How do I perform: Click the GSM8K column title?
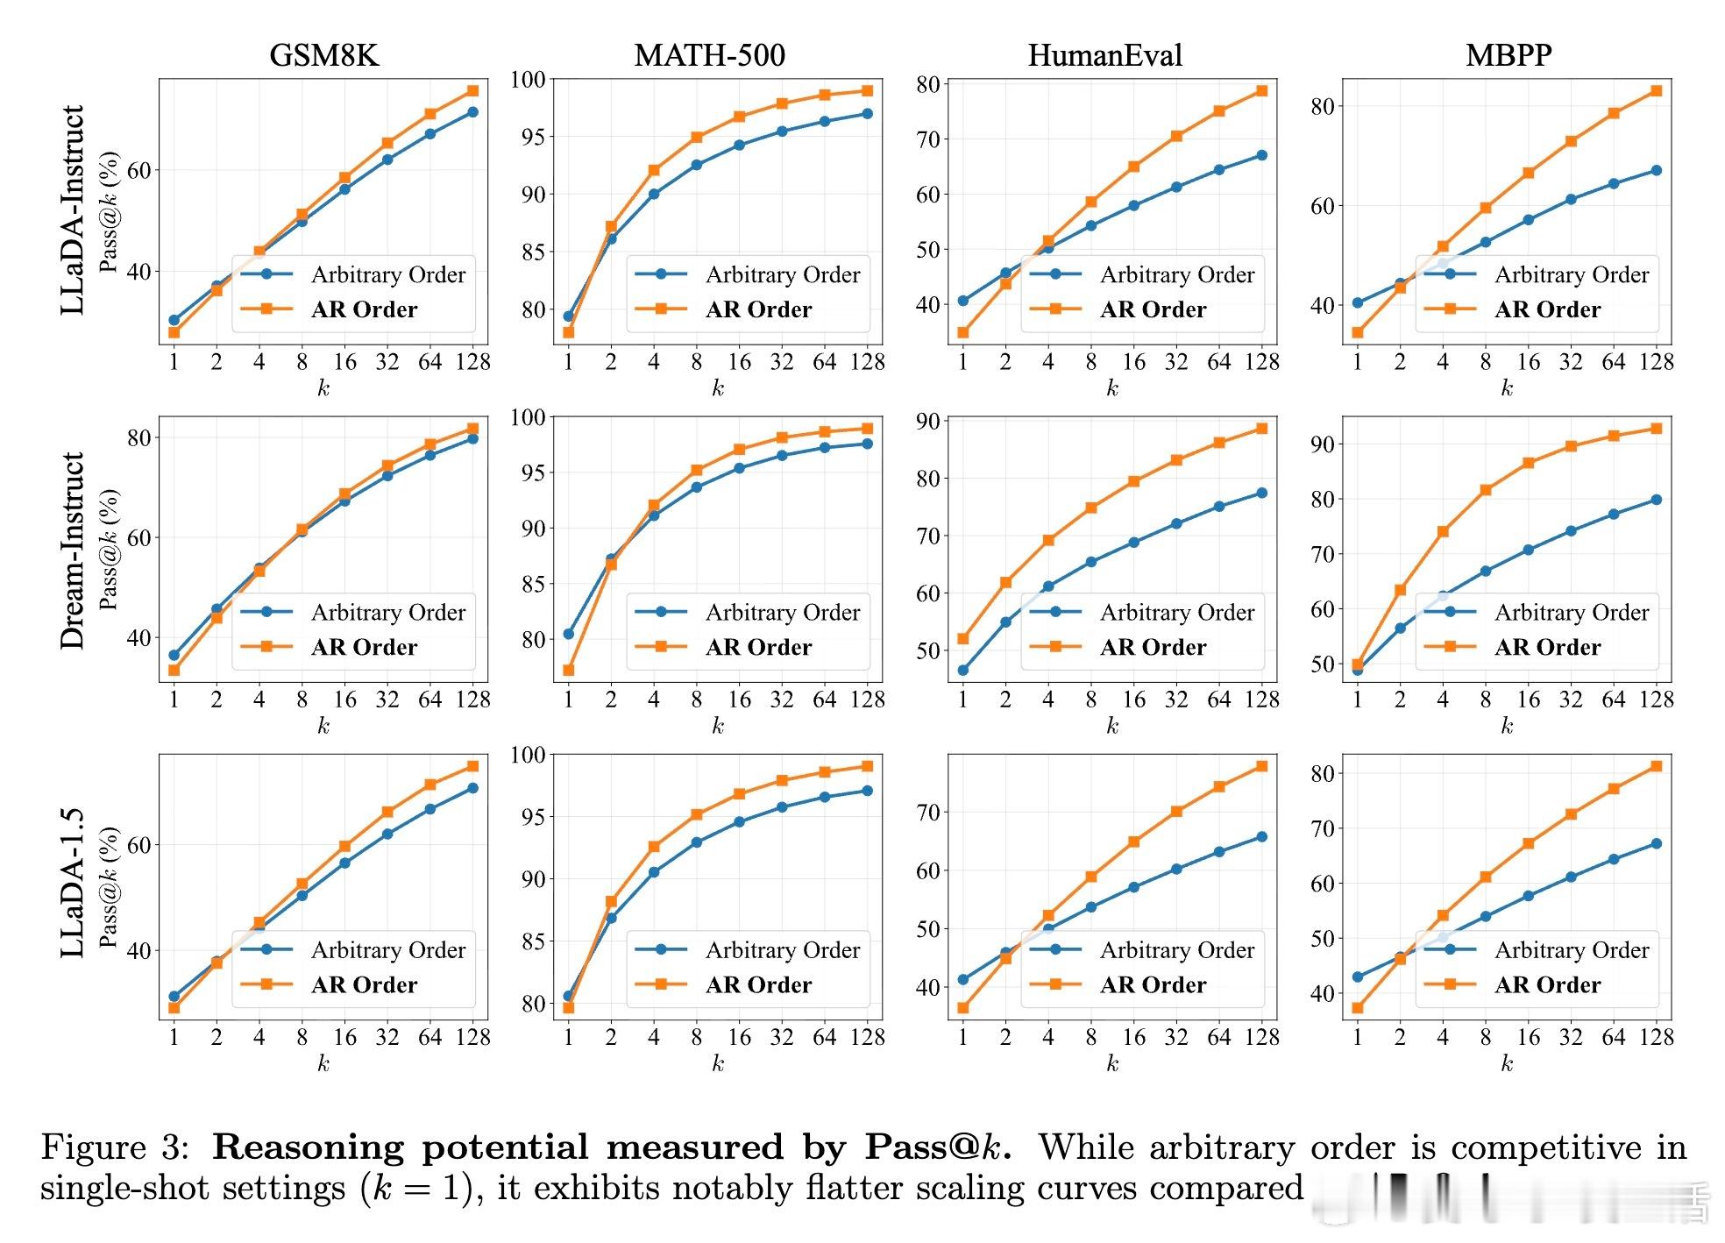(323, 55)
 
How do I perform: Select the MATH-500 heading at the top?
(709, 55)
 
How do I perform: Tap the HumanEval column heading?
(1104, 55)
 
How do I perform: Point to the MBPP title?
(1508, 55)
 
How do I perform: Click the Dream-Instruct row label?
(73, 550)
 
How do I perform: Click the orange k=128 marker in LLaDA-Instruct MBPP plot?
(1656, 91)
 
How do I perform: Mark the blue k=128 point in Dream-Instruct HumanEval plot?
(1261, 494)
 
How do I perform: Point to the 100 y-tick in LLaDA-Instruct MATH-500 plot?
(529, 80)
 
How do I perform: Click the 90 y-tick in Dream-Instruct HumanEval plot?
(927, 422)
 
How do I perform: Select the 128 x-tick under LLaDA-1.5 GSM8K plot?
(472, 1037)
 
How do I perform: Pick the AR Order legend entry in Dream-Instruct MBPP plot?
(1547, 647)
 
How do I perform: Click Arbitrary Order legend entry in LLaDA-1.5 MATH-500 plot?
(783, 950)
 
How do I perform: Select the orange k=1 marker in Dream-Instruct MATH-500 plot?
(568, 671)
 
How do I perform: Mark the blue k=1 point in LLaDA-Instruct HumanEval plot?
(962, 301)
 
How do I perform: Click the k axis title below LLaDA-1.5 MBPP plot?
(1507, 1063)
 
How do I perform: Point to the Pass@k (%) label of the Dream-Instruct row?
(109, 550)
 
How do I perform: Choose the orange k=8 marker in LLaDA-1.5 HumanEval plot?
(1090, 877)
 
